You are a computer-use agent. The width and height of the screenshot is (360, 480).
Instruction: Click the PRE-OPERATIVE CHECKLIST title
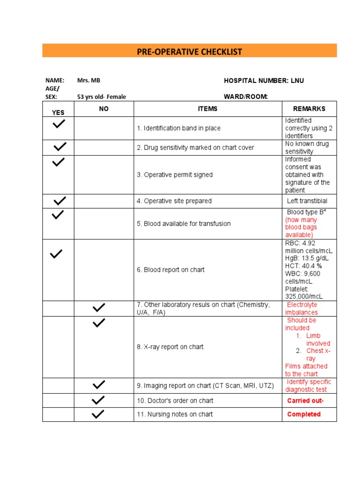click(x=189, y=52)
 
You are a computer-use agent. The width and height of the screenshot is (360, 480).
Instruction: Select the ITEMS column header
click(x=208, y=109)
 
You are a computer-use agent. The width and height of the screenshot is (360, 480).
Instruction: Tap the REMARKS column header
click(x=309, y=109)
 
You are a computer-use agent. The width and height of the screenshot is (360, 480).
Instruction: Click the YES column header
click(x=58, y=112)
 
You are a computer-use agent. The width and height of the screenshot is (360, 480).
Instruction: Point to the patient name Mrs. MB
click(x=89, y=81)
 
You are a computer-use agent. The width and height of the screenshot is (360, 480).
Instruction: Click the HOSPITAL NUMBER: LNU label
click(x=264, y=81)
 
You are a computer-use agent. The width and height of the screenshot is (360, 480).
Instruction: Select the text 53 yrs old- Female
click(x=102, y=97)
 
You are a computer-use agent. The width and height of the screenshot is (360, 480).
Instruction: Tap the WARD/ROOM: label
click(x=246, y=97)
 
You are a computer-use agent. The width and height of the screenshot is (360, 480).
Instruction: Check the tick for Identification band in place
click(x=59, y=124)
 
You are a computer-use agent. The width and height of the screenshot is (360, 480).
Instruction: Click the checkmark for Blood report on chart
click(x=56, y=254)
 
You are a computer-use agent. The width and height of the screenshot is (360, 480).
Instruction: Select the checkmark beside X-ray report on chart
click(x=99, y=323)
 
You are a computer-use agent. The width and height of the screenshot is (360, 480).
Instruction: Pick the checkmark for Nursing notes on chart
click(x=98, y=414)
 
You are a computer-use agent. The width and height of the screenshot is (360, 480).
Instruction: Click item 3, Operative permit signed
click(x=174, y=175)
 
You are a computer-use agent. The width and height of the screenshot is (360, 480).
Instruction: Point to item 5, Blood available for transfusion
click(x=184, y=224)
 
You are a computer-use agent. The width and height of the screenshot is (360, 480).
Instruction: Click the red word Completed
click(x=304, y=414)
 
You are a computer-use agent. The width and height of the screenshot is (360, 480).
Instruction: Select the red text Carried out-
click(x=305, y=401)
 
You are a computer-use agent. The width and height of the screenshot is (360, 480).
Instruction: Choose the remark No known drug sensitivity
click(x=307, y=148)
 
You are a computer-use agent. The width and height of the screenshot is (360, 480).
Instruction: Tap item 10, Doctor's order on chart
click(x=175, y=401)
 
